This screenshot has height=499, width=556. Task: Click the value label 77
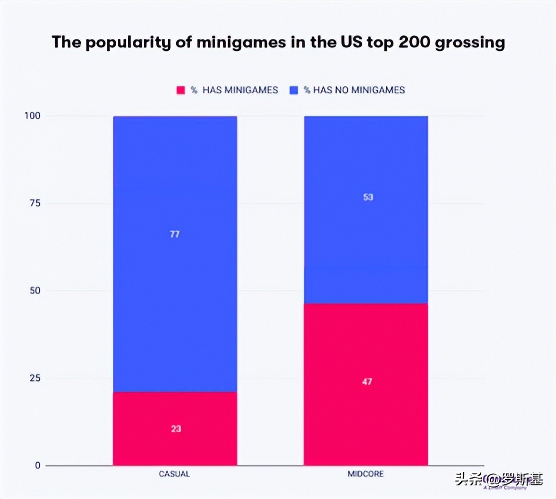[x=175, y=234]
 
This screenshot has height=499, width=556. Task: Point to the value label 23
[x=176, y=429]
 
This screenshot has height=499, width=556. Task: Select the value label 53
[x=368, y=197]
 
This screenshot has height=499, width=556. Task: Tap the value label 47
[x=367, y=382]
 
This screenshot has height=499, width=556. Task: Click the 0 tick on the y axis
[x=37, y=466]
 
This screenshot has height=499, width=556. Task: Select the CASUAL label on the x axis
[x=174, y=474]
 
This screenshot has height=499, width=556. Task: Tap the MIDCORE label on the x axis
[x=366, y=473]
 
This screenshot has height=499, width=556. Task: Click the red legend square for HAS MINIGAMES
[x=181, y=90]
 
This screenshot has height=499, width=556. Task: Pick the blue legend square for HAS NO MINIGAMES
[x=294, y=90]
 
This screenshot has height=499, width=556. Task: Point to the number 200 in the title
[x=417, y=42]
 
